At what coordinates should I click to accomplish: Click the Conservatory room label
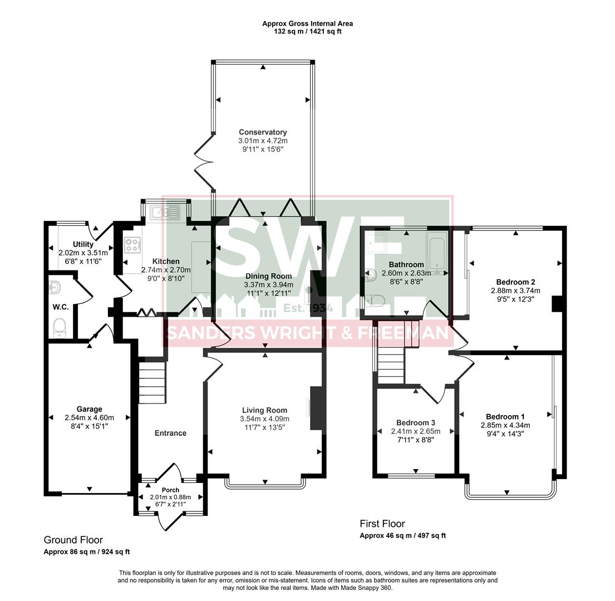[263, 132]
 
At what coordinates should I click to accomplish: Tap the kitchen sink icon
[165, 211]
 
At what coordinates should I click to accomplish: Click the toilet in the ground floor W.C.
[60, 328]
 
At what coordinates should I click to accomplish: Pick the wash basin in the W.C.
[56, 288]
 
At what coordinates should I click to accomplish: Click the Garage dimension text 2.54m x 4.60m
[89, 418]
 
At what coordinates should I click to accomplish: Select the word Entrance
[170, 433]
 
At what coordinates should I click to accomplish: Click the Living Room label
[264, 410]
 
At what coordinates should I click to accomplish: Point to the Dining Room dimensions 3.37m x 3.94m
[268, 285]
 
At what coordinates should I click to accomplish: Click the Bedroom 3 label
[415, 422]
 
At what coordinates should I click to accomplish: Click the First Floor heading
[382, 524]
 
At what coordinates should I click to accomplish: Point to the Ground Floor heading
[73, 540]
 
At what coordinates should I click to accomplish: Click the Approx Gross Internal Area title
[307, 23]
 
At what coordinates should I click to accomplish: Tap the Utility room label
[83, 244]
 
